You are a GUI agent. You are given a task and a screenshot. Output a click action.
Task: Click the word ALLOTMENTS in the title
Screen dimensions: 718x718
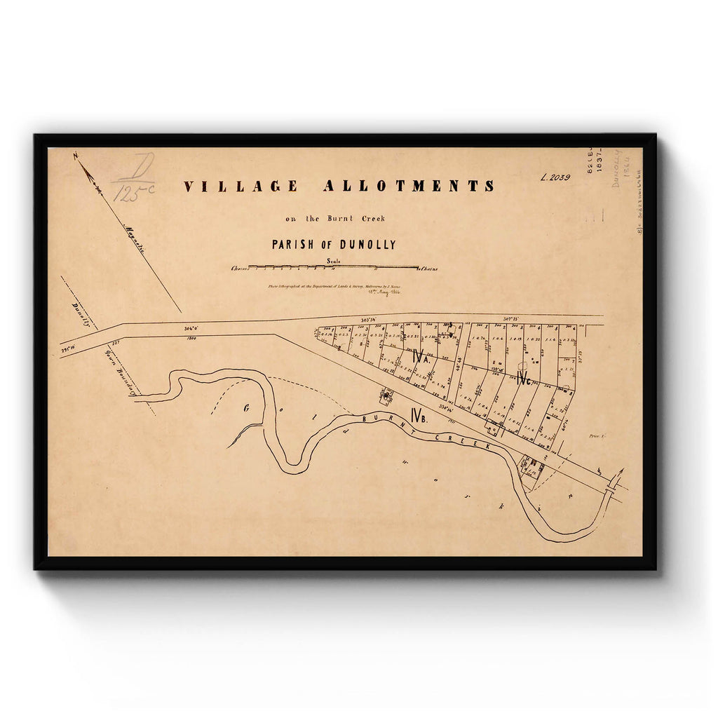409,187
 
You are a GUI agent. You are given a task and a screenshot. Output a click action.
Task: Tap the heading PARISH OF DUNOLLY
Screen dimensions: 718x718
334,245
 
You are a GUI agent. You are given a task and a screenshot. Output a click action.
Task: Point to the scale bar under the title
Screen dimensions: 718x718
334,267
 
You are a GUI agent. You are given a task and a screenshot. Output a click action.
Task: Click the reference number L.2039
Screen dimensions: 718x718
555,177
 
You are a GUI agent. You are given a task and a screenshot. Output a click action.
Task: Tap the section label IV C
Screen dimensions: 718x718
524,380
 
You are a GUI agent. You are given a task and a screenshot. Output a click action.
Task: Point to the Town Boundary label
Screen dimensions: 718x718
120,372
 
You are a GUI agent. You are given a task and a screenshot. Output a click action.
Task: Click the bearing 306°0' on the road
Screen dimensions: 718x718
191,327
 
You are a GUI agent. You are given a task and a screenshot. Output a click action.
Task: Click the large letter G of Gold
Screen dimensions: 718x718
247,408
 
